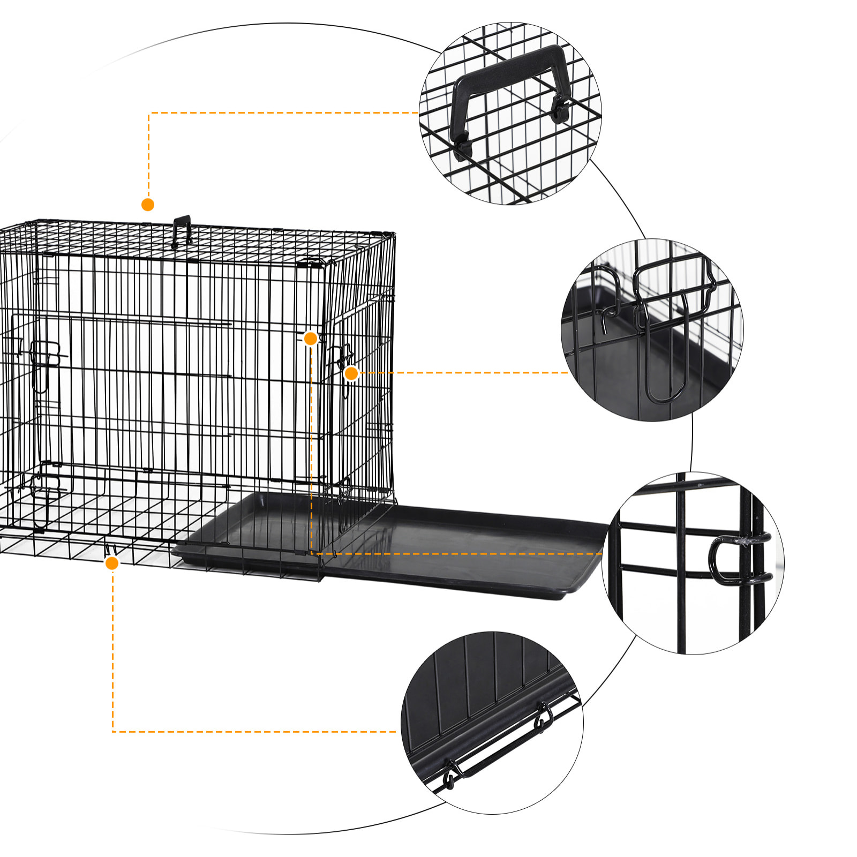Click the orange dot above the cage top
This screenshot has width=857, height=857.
pyautogui.click(x=148, y=205)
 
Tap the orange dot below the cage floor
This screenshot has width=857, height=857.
pyautogui.click(x=112, y=563)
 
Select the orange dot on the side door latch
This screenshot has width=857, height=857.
pyautogui.click(x=351, y=373)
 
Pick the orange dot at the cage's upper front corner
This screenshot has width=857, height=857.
pyautogui.click(x=311, y=339)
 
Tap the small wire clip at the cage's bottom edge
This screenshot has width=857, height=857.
pyautogui.click(x=111, y=550)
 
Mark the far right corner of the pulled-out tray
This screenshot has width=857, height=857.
pyautogui.click(x=603, y=530)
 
